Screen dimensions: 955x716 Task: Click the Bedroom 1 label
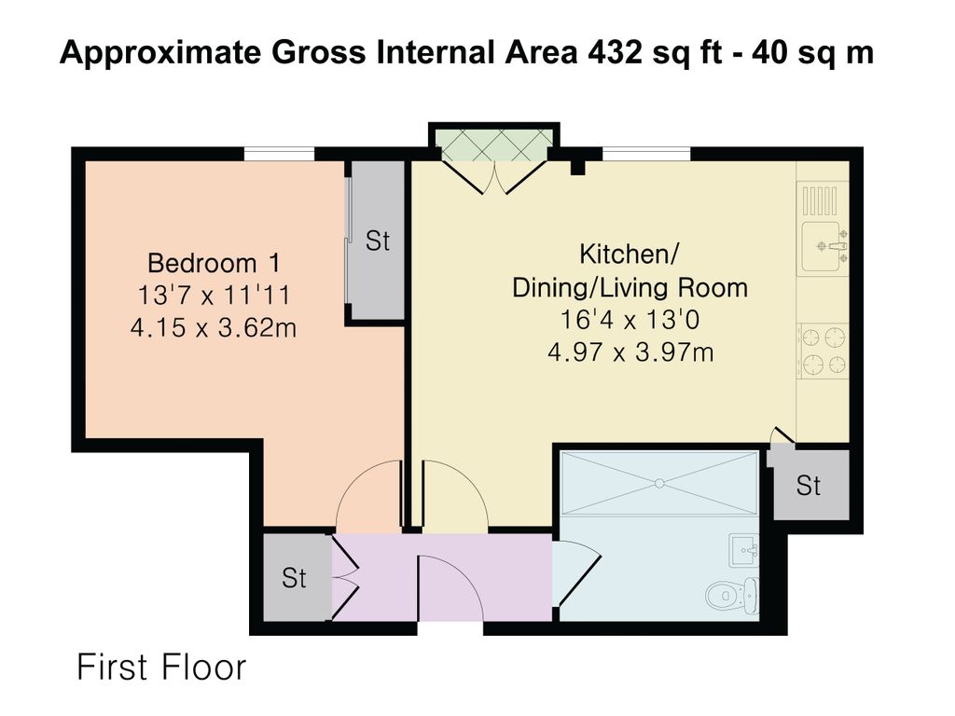click(214, 264)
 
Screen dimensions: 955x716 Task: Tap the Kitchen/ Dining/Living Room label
click(630, 271)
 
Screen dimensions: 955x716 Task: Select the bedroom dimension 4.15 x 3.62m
click(214, 328)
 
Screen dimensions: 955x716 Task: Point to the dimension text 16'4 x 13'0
click(630, 320)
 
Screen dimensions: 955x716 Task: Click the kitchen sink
click(824, 246)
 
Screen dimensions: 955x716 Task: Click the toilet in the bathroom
click(732, 594)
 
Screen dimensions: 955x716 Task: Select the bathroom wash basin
click(743, 550)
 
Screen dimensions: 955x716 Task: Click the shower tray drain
click(659, 484)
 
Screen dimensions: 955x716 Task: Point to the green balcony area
click(494, 145)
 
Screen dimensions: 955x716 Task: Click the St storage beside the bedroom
click(377, 241)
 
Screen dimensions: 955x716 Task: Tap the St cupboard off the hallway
click(294, 577)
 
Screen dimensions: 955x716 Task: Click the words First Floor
click(161, 667)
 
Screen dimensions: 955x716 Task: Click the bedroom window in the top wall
click(280, 154)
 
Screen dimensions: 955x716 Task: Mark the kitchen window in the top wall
click(647, 154)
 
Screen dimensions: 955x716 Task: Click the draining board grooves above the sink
click(820, 201)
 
